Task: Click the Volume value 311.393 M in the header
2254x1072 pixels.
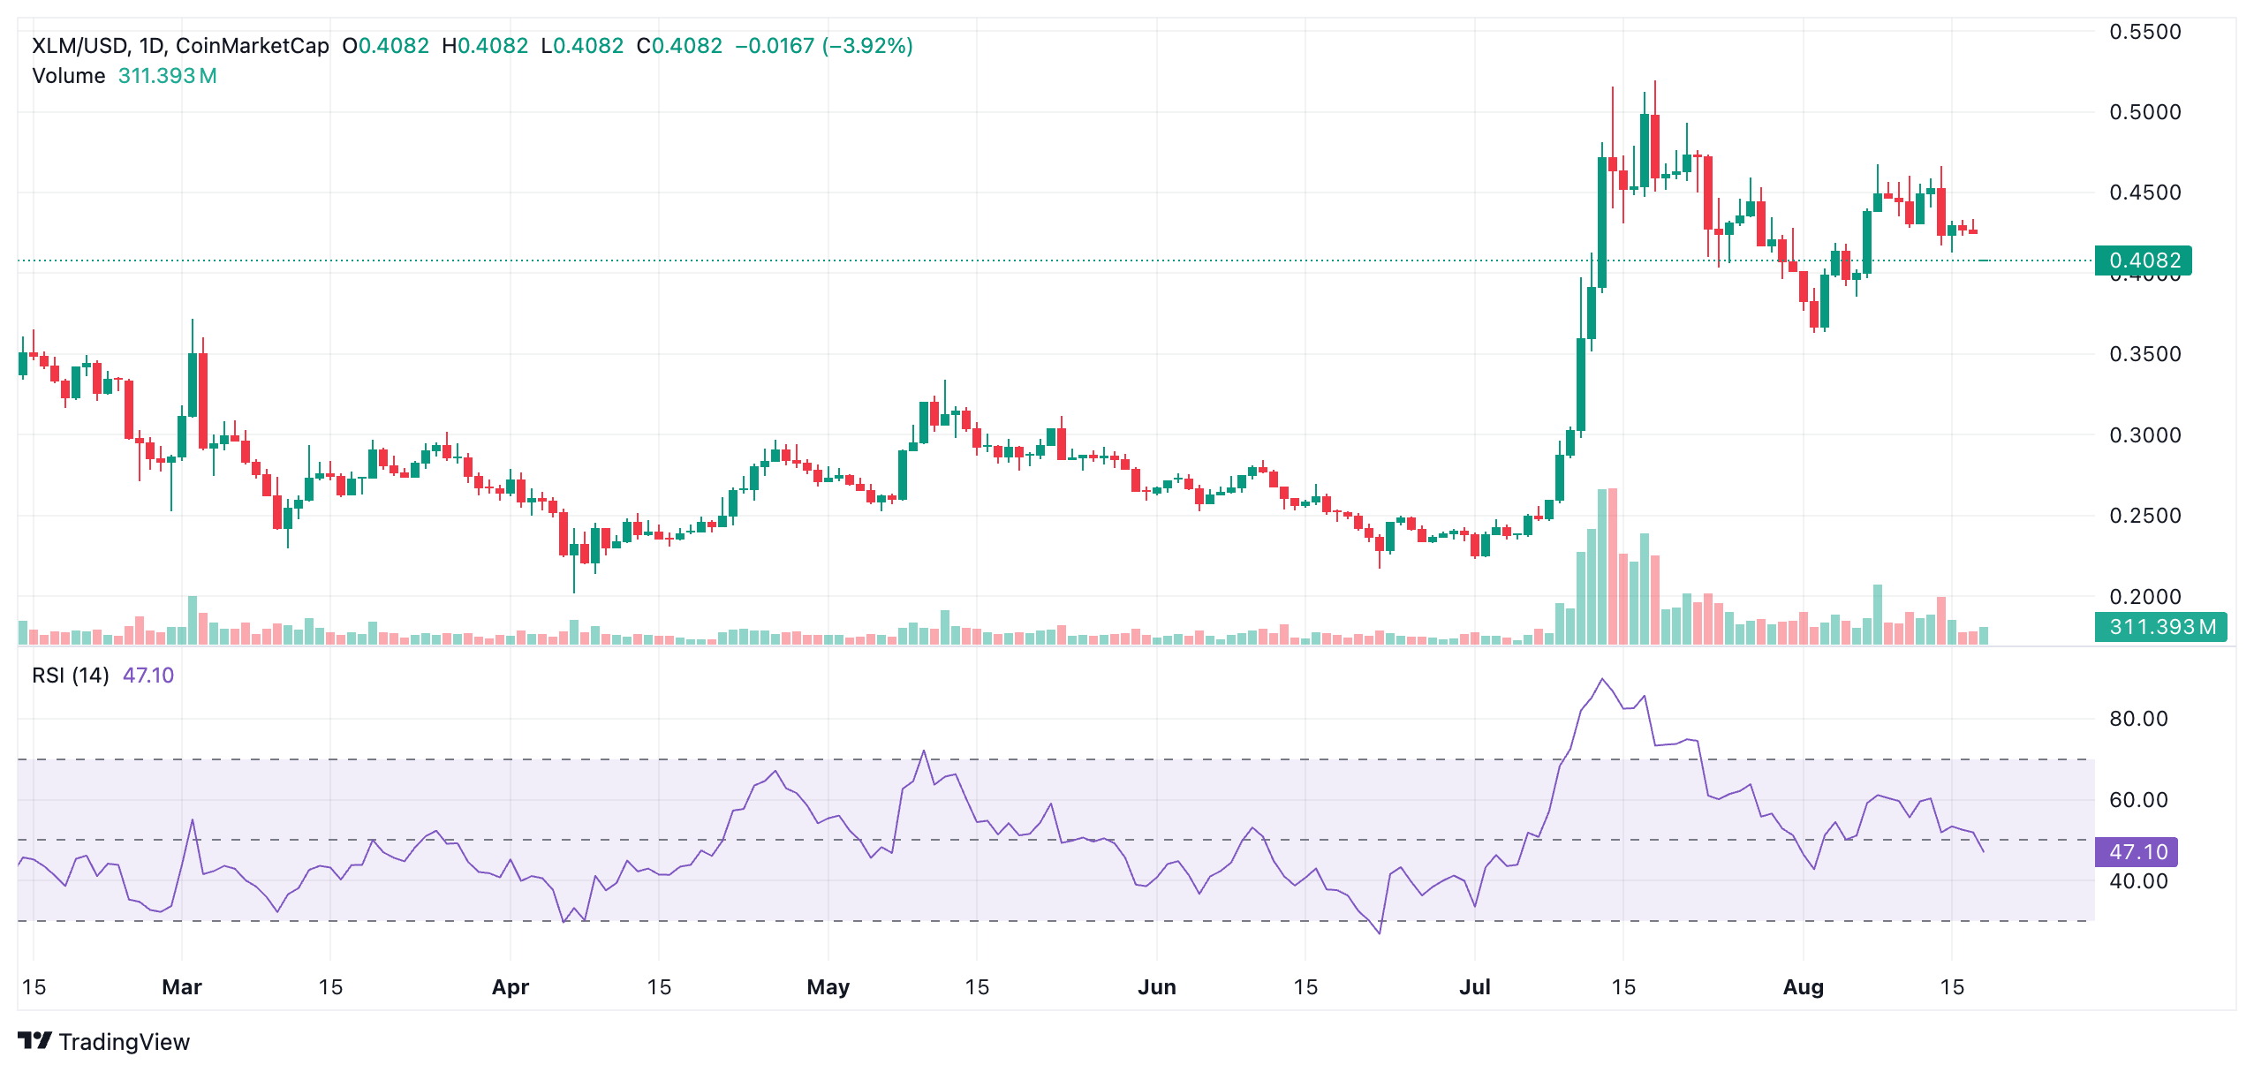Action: click(x=167, y=76)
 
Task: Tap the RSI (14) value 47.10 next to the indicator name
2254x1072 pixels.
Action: click(x=147, y=676)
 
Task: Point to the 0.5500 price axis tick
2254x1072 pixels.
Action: click(x=2144, y=32)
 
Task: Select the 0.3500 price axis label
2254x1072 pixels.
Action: click(x=2144, y=354)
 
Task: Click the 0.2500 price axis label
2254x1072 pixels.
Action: click(x=2144, y=516)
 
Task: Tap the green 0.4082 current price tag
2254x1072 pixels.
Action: click(x=2144, y=260)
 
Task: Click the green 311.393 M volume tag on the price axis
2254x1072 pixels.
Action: click(x=2161, y=627)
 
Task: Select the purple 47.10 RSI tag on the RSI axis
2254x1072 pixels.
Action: click(x=2137, y=852)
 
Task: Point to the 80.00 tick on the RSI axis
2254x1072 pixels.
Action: click(x=2137, y=719)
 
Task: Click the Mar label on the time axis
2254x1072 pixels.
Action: click(x=182, y=987)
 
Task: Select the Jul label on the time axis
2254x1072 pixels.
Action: click(x=1474, y=987)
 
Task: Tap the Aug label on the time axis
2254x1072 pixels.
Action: click(x=1803, y=987)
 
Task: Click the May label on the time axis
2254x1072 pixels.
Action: click(x=828, y=987)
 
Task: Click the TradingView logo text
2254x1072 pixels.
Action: click(x=124, y=1042)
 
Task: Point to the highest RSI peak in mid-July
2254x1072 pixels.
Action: click(x=1602, y=679)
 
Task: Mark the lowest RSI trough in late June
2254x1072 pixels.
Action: click(x=1380, y=932)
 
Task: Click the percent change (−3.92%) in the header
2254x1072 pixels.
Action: click(x=866, y=46)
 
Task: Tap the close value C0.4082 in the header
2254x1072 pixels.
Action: click(x=679, y=46)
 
